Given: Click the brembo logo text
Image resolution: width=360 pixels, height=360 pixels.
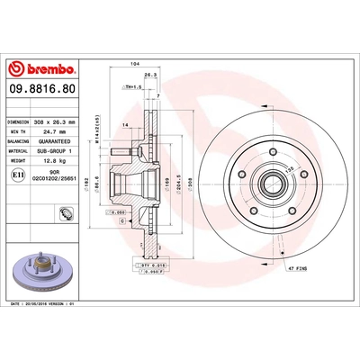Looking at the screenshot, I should (x=44, y=67).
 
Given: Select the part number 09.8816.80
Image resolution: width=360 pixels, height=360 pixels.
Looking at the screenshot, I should (x=41, y=91).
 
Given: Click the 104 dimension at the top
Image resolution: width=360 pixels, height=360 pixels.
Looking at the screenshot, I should (x=135, y=65).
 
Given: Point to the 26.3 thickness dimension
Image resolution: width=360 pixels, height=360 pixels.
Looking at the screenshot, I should (x=150, y=76).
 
